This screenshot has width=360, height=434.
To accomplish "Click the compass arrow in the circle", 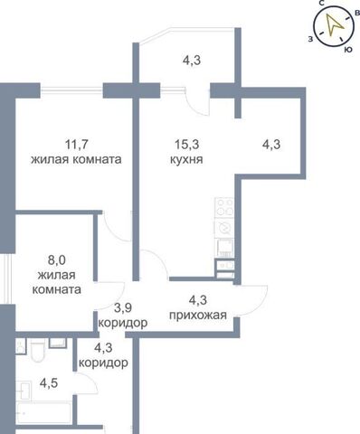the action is pyautogui.click(x=334, y=24).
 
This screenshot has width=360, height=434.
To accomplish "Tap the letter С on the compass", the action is pyautogui.click(x=321, y=3).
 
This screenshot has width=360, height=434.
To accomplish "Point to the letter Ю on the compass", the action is pyautogui.click(x=348, y=50).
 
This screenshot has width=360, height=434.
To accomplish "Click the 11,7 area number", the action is pyautogui.click(x=77, y=145).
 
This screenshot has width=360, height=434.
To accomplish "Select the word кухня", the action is pyautogui.click(x=186, y=159).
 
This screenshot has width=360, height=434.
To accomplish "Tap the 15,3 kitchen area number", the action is pyautogui.click(x=186, y=145).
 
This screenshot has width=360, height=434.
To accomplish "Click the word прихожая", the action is pyautogui.click(x=198, y=316).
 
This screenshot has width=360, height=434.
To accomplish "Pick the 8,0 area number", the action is pyautogui.click(x=56, y=260).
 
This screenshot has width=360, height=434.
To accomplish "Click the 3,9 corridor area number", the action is pyautogui.click(x=123, y=308).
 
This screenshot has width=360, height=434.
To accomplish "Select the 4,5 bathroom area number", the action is pyautogui.click(x=49, y=383).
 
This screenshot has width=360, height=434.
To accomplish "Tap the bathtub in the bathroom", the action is pyautogui.click(x=44, y=412).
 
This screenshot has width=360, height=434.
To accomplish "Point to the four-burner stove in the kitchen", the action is pyautogui.click(x=224, y=207).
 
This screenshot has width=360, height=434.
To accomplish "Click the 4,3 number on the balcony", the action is pyautogui.click(x=192, y=61).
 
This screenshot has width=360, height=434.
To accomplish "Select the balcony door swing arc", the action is pyautogui.click(x=196, y=105).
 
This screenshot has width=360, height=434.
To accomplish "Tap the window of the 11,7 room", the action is pyautogui.click(x=71, y=90).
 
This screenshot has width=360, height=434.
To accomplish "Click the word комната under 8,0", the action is pyautogui.click(x=57, y=290).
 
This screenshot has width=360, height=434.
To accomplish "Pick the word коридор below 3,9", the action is pyautogui.click(x=123, y=324).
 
